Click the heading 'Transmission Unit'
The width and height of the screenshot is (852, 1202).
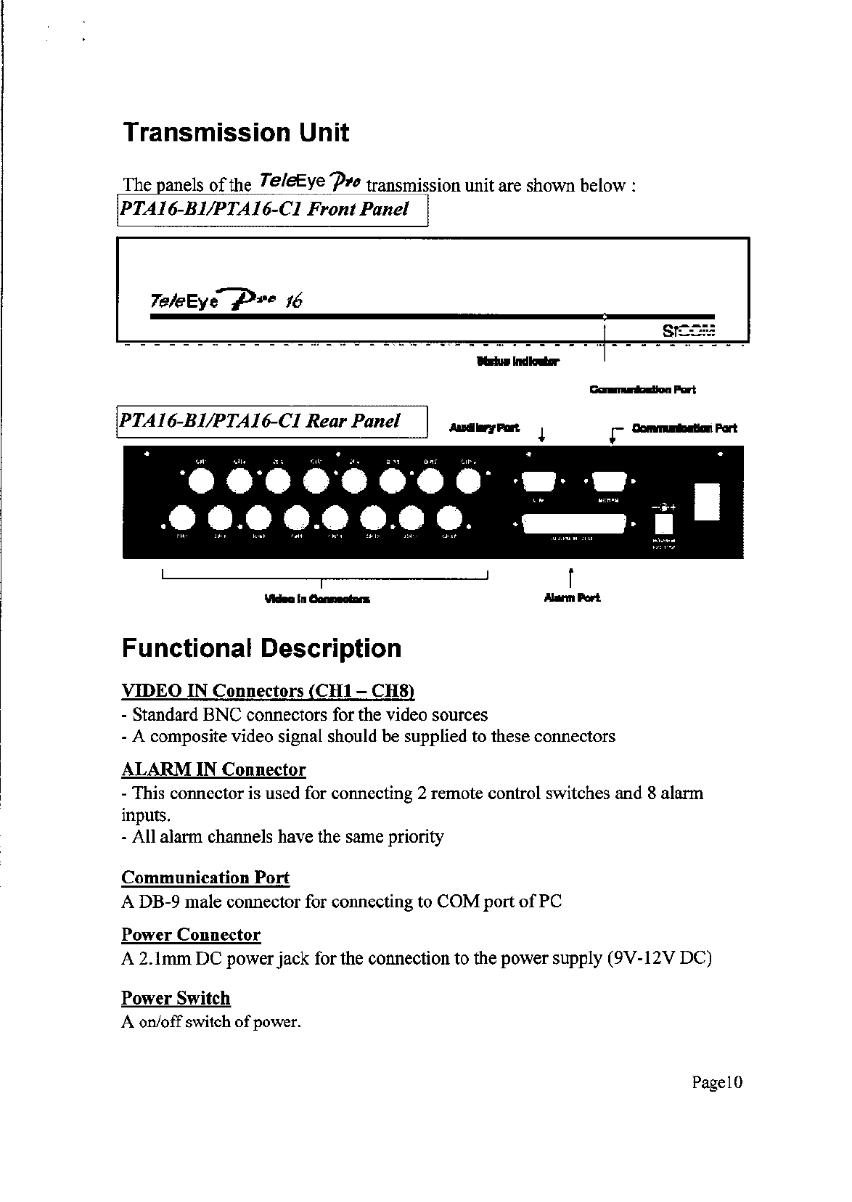pyautogui.click(x=236, y=133)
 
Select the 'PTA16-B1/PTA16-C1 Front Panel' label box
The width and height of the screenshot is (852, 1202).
pyautogui.click(x=272, y=210)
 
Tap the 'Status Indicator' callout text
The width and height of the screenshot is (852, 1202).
pyautogui.click(x=518, y=361)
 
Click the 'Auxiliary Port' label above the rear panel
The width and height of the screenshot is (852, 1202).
pyautogui.click(x=485, y=428)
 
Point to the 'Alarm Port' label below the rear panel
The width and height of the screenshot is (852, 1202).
pyautogui.click(x=573, y=598)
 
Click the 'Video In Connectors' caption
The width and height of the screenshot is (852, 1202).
pyautogui.click(x=317, y=600)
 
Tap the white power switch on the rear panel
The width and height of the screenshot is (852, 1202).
pyautogui.click(x=706, y=502)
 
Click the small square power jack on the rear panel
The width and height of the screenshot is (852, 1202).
pyautogui.click(x=664, y=523)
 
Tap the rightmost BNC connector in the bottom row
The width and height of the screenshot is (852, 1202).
pyautogui.click(x=448, y=518)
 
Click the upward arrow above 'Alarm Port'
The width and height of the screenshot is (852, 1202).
pyautogui.click(x=573, y=578)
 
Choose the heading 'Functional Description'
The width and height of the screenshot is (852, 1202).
pyautogui.click(x=261, y=648)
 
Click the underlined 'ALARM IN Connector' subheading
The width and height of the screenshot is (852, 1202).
pyautogui.click(x=213, y=769)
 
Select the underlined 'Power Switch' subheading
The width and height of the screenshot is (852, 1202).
pyautogui.click(x=176, y=998)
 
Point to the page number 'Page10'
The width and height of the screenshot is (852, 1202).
pyautogui.click(x=718, y=1083)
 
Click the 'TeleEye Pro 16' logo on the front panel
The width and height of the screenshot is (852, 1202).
pyautogui.click(x=224, y=300)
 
